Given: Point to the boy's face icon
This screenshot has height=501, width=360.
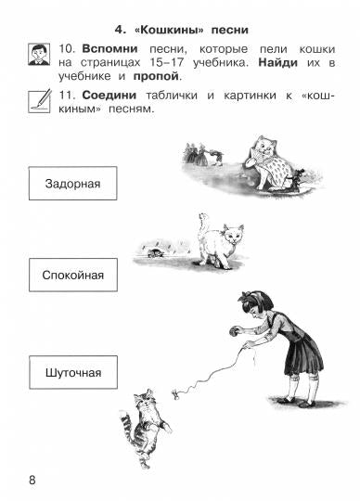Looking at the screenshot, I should [x=39, y=54].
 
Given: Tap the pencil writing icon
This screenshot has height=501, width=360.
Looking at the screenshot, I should [x=39, y=98].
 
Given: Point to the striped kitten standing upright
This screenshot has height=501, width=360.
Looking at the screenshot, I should [x=145, y=415].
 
